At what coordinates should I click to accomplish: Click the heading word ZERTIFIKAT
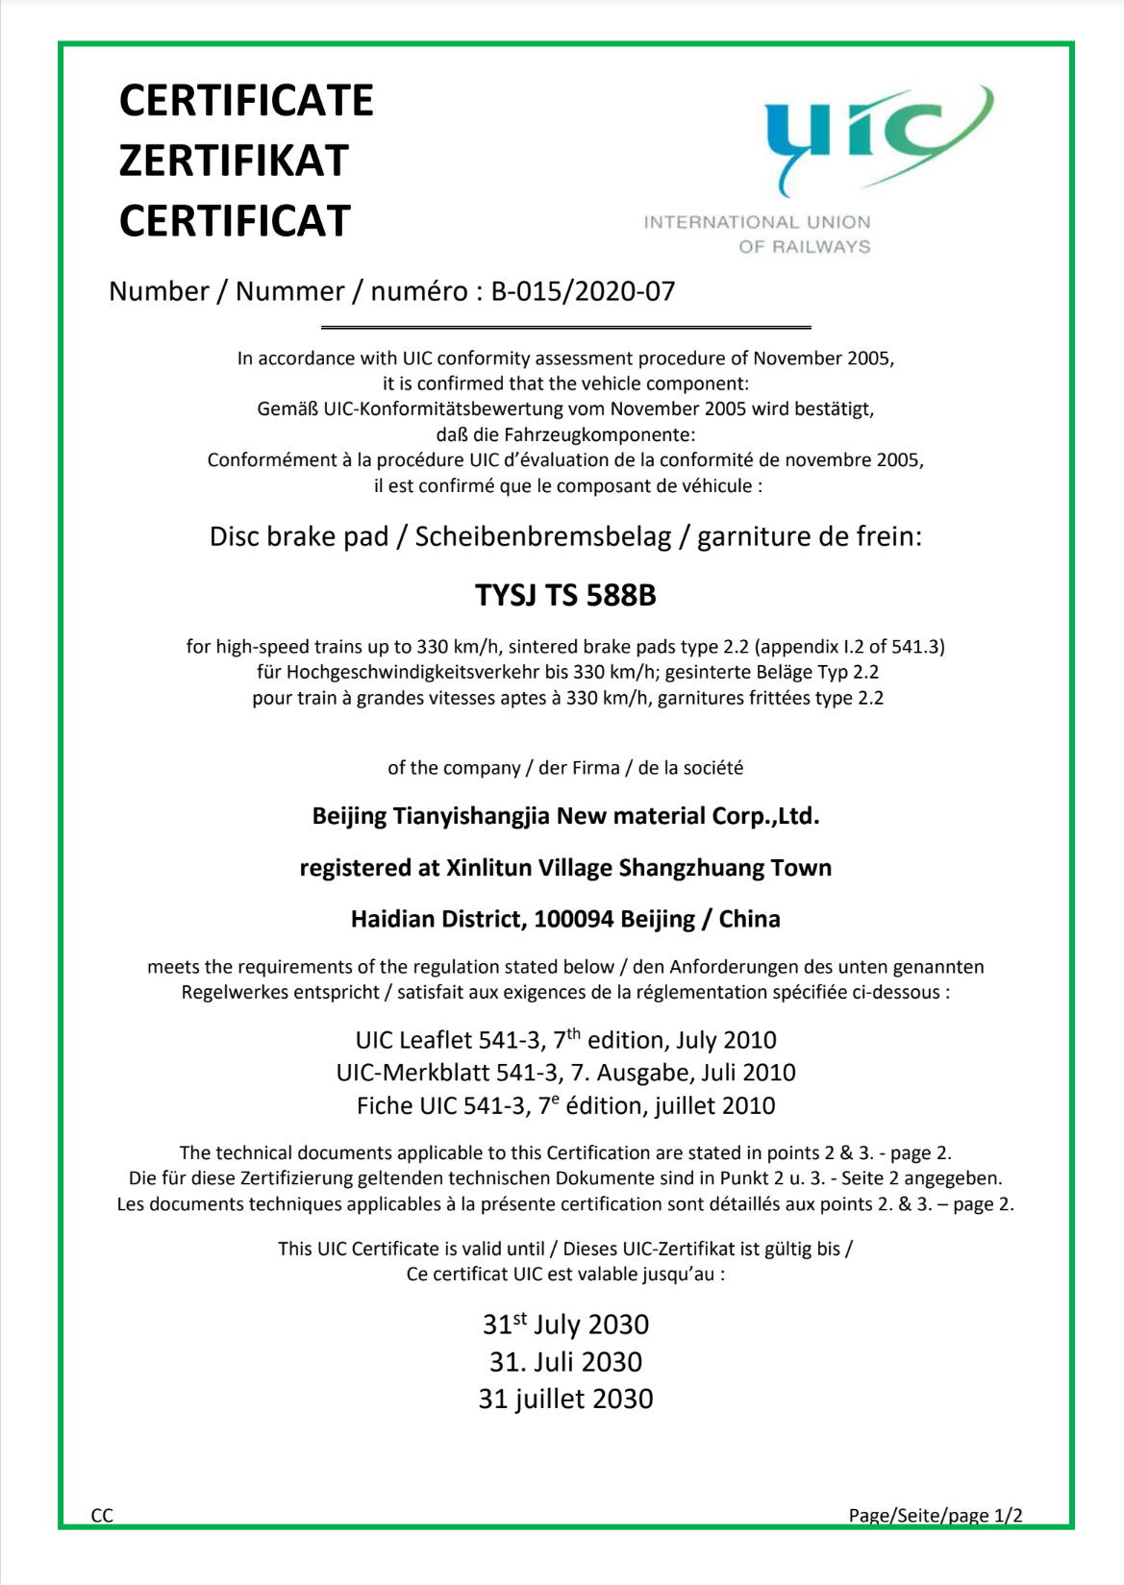(234, 161)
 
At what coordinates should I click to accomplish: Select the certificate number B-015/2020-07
(583, 291)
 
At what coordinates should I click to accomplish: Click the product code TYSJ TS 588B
(565, 596)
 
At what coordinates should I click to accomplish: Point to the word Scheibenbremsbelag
(542, 536)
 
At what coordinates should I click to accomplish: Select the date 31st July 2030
(565, 1325)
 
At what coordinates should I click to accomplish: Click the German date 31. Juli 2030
(565, 1362)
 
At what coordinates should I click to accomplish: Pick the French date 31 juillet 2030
(565, 1399)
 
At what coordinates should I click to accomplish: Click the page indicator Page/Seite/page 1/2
(935, 1516)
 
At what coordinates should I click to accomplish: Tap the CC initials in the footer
(102, 1516)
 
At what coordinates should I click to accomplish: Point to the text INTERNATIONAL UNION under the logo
(757, 222)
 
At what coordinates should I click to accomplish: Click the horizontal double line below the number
(565, 328)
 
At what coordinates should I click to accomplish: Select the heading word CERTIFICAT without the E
(235, 221)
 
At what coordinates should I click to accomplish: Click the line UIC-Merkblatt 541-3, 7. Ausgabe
(565, 1073)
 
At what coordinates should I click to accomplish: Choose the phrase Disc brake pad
(298, 536)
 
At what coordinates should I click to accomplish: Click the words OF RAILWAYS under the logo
(804, 247)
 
